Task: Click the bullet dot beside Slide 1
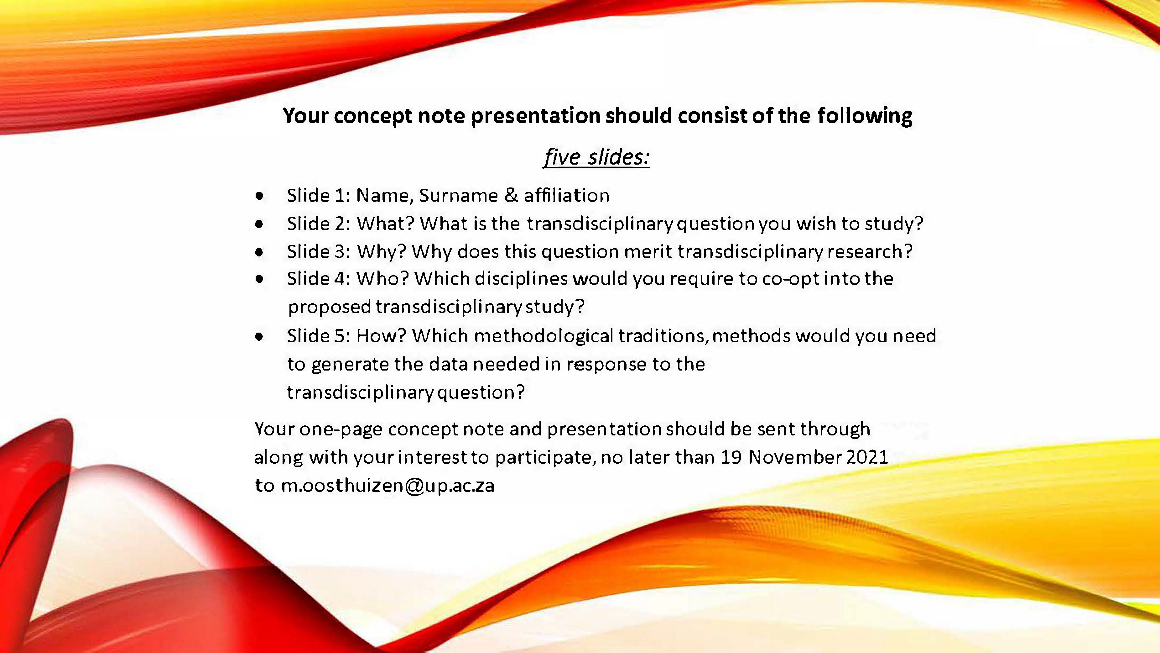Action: click(259, 196)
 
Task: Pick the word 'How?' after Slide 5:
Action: click(381, 336)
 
